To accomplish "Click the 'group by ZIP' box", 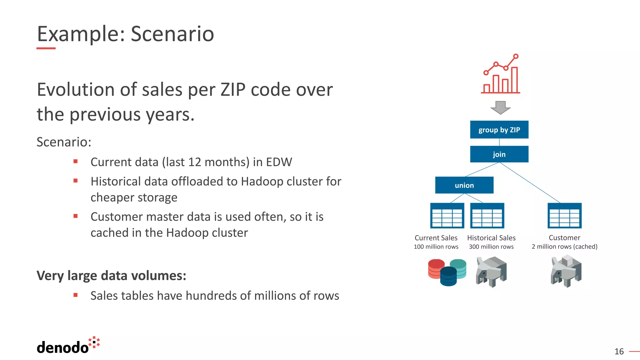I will (x=499, y=130).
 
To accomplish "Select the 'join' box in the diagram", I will (x=499, y=154).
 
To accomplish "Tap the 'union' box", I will (x=464, y=185).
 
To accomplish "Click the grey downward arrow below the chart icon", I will (x=500, y=107).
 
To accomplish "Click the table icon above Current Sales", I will (x=447, y=216).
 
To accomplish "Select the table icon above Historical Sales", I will (x=487, y=216).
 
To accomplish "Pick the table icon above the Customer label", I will (x=564, y=216).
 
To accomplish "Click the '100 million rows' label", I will (x=436, y=247).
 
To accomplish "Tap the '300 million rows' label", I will (x=491, y=247).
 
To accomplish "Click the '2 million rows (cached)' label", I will (x=564, y=247).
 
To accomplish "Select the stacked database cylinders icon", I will (x=447, y=272).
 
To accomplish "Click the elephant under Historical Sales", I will (x=491, y=271).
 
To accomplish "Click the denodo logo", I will (x=68, y=346).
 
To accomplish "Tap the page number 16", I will (x=619, y=352).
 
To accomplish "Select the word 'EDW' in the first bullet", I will (x=279, y=162).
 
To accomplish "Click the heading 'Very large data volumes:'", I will (x=111, y=276).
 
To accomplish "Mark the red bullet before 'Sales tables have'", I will (x=75, y=295).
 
